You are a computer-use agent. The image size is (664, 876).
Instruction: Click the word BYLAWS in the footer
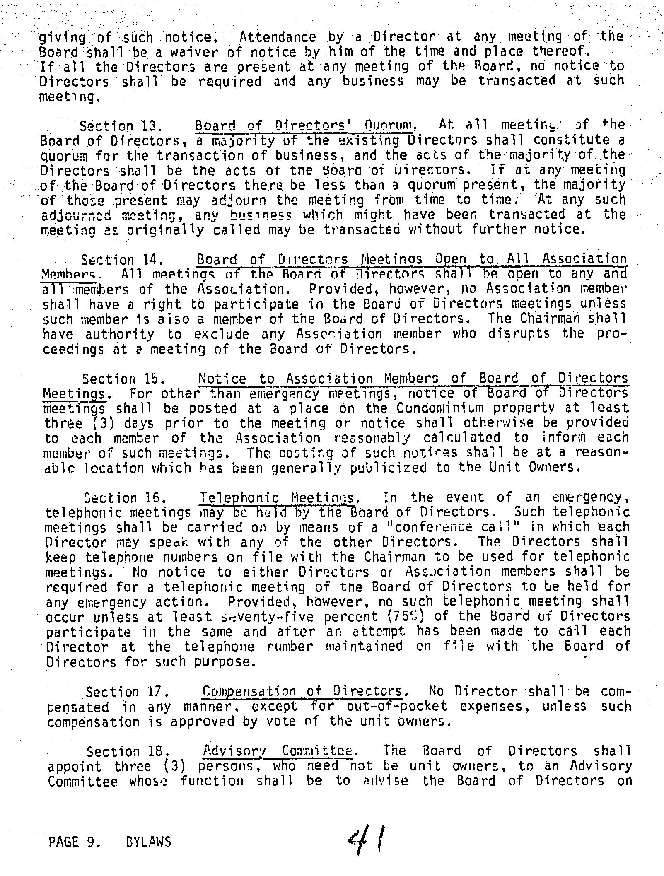pyautogui.click(x=147, y=842)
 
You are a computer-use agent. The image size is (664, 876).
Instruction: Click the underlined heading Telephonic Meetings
pyautogui.click(x=277, y=497)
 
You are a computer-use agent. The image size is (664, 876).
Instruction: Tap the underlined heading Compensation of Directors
pyautogui.click(x=302, y=691)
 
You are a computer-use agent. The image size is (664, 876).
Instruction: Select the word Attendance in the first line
pyautogui.click(x=278, y=37)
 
